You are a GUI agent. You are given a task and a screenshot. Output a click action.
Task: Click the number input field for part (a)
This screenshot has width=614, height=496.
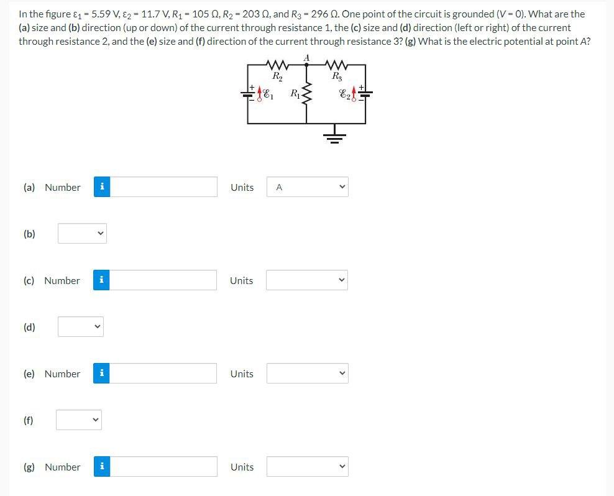tap(163, 187)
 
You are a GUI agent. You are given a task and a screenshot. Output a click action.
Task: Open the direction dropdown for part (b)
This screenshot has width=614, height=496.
tap(82, 234)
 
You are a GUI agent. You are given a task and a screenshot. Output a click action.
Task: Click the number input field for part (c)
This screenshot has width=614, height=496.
tap(163, 280)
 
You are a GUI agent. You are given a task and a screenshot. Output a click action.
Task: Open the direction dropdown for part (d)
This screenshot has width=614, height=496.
tap(80, 327)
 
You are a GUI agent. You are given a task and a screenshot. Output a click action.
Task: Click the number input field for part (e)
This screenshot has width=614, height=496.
tap(163, 374)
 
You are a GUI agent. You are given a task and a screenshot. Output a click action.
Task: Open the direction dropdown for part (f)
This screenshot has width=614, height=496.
tap(79, 420)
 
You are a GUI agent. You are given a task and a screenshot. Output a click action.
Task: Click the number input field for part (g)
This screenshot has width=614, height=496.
tap(163, 467)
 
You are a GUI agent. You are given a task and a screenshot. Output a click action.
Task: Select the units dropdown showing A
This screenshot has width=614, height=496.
tap(307, 187)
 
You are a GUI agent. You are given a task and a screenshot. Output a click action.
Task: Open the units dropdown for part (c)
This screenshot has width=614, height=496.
tap(307, 280)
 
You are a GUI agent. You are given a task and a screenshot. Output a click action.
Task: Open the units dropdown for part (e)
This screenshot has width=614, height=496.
tap(307, 374)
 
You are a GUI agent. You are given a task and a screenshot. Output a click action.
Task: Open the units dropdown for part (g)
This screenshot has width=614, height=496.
tap(307, 467)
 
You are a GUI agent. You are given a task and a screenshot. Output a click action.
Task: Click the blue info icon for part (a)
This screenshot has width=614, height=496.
tap(102, 187)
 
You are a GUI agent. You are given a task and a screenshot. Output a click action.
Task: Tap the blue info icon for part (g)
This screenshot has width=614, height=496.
tap(102, 467)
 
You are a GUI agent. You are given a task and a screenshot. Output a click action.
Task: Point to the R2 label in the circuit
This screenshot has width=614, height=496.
tap(277, 76)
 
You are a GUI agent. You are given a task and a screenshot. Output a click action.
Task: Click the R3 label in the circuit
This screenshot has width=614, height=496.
tap(337, 76)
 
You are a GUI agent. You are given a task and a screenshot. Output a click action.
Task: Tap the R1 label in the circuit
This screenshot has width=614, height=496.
tap(294, 94)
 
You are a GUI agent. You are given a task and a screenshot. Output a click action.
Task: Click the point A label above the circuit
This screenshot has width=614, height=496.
tap(306, 58)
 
